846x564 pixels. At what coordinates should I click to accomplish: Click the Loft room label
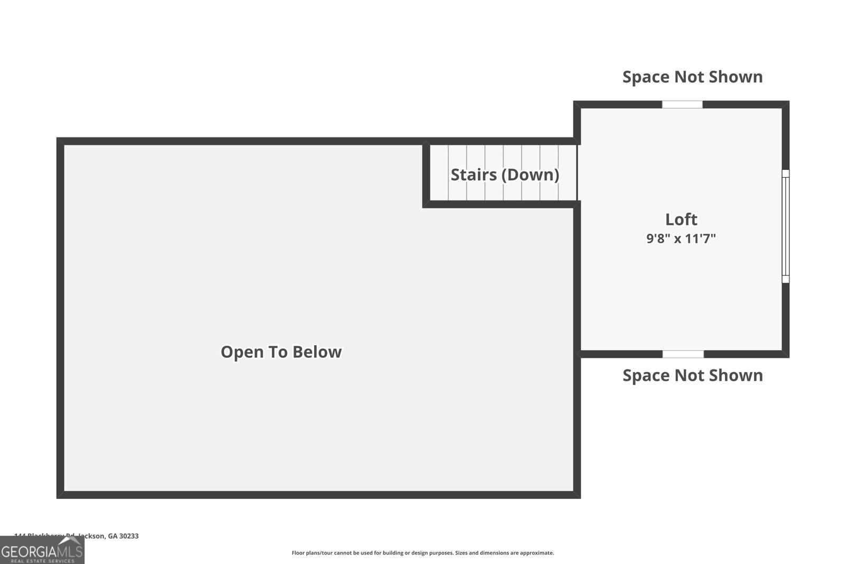681,219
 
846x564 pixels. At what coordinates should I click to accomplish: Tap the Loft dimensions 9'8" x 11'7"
681,238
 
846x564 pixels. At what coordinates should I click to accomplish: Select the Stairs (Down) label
504,174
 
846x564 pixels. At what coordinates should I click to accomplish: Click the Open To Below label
281,352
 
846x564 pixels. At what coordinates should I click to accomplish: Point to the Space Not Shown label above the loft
692,77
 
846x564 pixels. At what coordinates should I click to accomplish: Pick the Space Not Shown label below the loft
692,375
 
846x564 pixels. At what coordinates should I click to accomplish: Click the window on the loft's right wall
786,226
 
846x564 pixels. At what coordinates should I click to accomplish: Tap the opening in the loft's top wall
682,105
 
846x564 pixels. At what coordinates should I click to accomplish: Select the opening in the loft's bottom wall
683,354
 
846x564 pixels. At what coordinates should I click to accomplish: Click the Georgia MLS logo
42,551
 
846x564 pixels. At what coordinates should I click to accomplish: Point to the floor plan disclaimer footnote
422,553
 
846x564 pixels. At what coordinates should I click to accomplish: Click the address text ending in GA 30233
77,536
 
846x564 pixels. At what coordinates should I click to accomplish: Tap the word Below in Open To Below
317,352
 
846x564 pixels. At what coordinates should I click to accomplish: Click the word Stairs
474,174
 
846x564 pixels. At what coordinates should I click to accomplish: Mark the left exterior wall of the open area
60,317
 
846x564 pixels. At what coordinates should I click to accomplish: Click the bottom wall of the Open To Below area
317,495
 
